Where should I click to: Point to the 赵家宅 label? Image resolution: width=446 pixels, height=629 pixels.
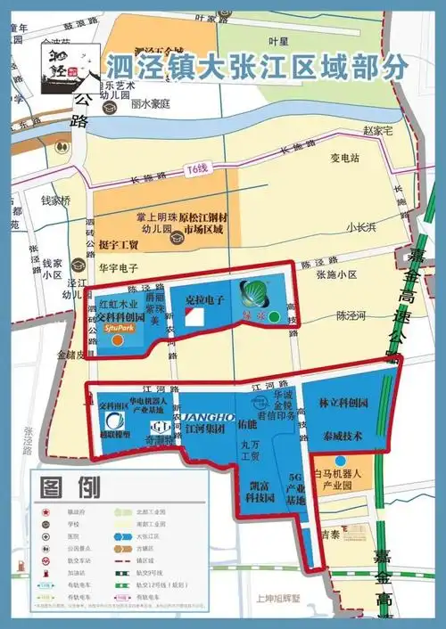pyautogui.click(x=377, y=130)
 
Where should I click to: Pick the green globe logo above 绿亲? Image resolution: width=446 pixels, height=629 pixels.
pyautogui.click(x=252, y=292)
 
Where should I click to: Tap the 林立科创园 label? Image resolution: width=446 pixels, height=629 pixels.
pyautogui.click(x=343, y=404)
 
